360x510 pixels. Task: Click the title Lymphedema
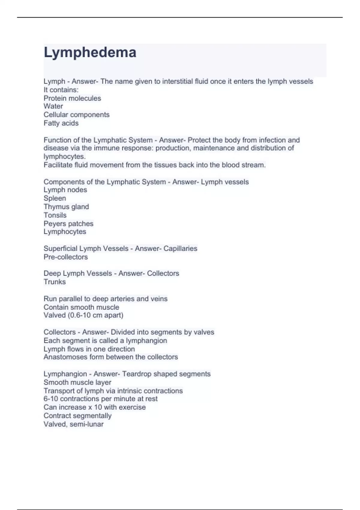coord(90,52)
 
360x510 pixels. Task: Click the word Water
coord(53,106)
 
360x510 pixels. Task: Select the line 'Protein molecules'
coord(72,98)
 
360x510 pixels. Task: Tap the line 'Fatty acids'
coord(61,123)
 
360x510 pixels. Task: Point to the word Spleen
coord(55,198)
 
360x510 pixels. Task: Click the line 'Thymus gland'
coord(66,207)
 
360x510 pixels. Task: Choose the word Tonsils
coord(55,215)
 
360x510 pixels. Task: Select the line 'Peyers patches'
coord(68,223)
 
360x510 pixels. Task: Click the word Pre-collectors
coord(66,257)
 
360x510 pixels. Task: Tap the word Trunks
coord(55,282)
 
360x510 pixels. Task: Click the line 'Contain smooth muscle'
coord(81,307)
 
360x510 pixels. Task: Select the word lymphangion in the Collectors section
coord(146,341)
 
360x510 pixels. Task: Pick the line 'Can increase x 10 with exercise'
coord(94,407)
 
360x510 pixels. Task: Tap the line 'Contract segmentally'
coord(77,416)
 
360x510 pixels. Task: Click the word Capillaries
coord(180,248)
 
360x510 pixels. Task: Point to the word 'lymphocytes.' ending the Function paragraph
coord(64,157)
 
